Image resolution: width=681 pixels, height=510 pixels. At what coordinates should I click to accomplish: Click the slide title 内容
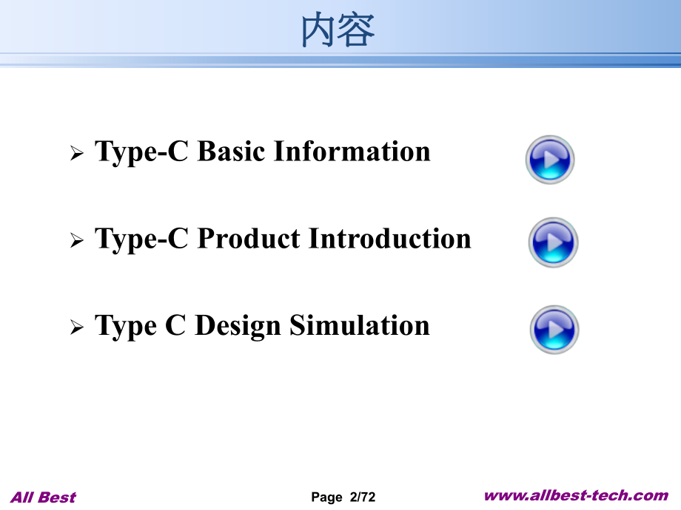click(339, 31)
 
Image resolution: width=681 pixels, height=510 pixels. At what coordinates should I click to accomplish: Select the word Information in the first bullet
click(352, 152)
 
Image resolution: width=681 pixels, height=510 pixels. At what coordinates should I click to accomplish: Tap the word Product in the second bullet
click(249, 239)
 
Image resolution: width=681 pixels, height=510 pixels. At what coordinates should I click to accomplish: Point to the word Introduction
click(389, 239)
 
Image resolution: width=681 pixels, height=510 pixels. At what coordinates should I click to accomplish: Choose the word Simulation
click(360, 326)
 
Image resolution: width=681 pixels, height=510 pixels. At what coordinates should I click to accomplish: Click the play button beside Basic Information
click(550, 159)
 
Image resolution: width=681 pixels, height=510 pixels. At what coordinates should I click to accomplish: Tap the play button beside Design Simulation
click(554, 330)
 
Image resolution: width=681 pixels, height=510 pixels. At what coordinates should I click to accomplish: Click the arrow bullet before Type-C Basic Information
click(76, 154)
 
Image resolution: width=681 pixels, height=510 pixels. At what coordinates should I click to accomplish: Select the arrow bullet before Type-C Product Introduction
click(76, 242)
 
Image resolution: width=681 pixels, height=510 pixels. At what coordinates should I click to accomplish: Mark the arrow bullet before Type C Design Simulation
click(76, 329)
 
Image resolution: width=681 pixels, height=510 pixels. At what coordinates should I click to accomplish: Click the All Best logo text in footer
click(44, 497)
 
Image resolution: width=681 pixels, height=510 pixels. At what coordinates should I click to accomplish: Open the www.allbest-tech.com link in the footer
click(576, 496)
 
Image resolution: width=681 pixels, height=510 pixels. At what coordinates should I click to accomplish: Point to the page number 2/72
click(362, 498)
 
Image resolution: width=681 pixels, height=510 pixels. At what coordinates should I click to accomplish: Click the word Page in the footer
click(326, 498)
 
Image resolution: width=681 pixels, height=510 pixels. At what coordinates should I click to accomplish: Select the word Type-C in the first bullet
click(144, 152)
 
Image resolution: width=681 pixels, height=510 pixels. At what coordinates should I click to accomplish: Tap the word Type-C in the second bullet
click(144, 239)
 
